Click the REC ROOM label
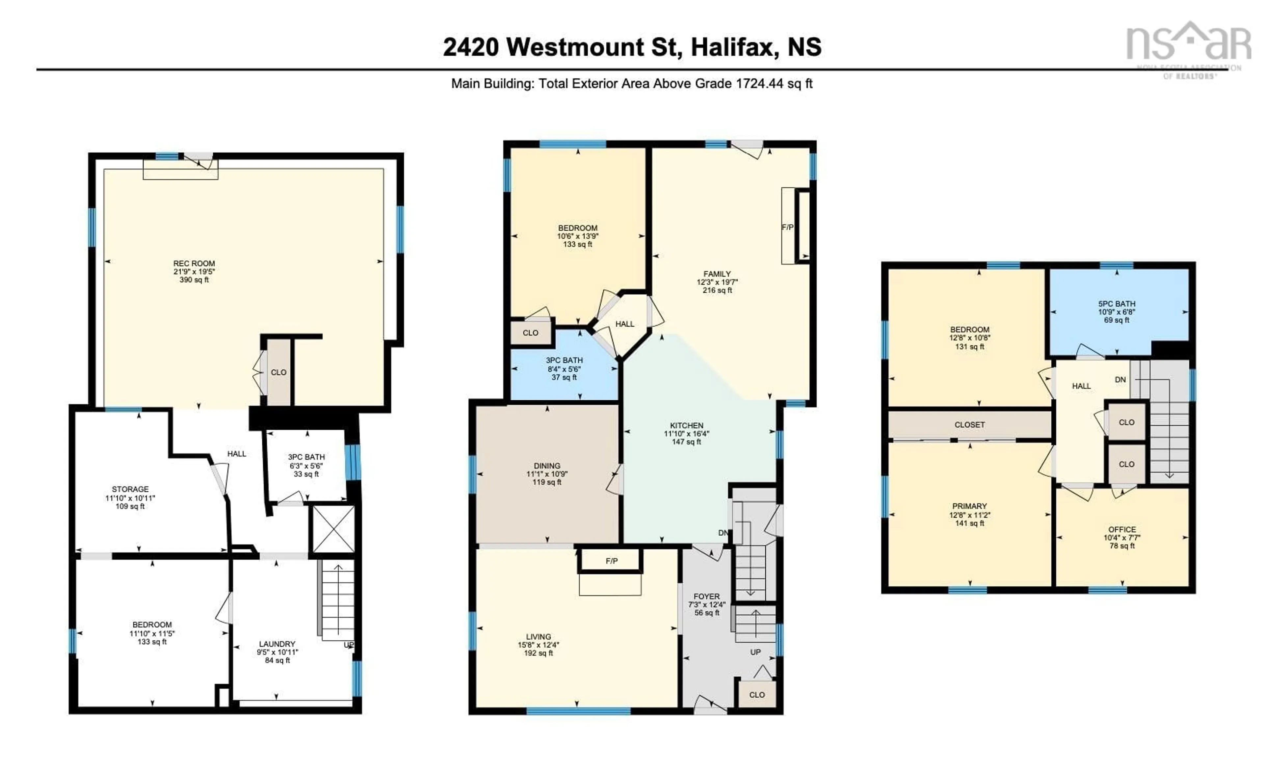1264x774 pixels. [x=194, y=263]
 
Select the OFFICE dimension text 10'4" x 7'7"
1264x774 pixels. [x=1122, y=538]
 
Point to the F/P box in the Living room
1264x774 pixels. [x=611, y=561]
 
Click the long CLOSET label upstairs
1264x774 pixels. [x=969, y=425]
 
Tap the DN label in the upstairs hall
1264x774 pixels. [x=1120, y=380]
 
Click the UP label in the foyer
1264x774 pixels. [x=755, y=652]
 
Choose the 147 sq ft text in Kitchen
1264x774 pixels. [x=686, y=441]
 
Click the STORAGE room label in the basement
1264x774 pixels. [x=130, y=489]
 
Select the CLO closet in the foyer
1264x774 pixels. [x=757, y=695]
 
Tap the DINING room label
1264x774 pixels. [x=547, y=466]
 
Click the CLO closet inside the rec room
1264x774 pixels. [x=278, y=372]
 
